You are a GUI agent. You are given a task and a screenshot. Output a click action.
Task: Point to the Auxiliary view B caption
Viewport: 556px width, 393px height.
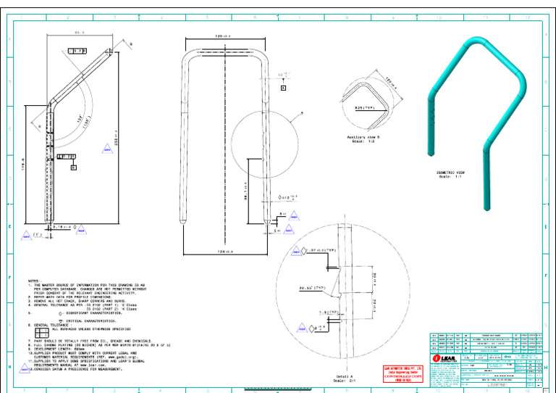366,138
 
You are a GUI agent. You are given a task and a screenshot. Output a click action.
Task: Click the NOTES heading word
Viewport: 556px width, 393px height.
34,281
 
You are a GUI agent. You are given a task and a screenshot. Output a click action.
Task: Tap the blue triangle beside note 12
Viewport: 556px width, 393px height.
24,368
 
